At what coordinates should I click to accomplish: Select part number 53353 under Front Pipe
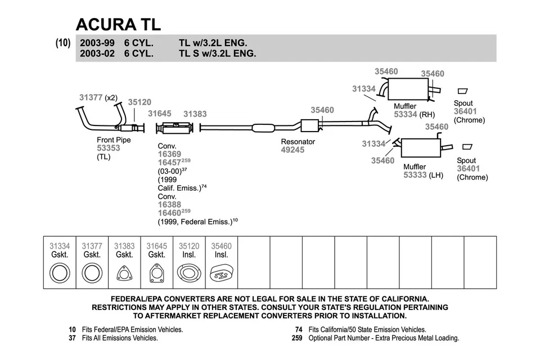[109, 148]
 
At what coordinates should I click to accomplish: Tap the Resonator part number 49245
[292, 150]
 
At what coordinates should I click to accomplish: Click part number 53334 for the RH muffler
[405, 114]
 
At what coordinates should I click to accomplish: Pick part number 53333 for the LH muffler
[415, 175]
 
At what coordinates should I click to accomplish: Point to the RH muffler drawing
[408, 88]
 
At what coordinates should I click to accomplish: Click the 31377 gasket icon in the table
[92, 274]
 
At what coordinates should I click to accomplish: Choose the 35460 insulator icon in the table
[221, 274]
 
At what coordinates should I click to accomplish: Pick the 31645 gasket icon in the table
[156, 274]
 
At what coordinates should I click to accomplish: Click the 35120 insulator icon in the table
[189, 274]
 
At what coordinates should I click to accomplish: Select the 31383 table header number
[124, 246]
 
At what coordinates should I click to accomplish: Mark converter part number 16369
[169, 154]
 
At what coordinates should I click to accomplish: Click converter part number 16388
[169, 205]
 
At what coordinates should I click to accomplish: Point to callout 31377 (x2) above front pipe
[98, 97]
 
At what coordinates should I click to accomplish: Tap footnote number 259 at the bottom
[297, 338]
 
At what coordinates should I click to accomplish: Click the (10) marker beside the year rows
[63, 43]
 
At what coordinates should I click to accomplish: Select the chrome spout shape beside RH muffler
[463, 91]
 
